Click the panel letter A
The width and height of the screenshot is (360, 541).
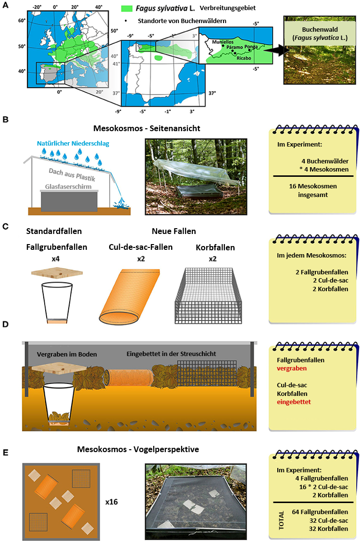[x=5, y=5]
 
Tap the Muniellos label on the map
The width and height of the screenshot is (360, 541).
[x=223, y=42]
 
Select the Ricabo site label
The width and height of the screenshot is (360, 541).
[x=244, y=58]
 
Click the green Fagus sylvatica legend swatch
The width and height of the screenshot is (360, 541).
[x=127, y=8]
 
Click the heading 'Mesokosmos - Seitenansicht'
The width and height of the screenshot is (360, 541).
[x=147, y=128]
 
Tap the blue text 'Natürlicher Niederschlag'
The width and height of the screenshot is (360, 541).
[x=73, y=144]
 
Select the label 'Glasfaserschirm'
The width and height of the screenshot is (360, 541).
[x=68, y=186]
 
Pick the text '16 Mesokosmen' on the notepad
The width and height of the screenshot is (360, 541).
[x=313, y=186]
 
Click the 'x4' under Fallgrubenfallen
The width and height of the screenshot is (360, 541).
[x=56, y=259]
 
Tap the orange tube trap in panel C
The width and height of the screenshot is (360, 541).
[x=130, y=296]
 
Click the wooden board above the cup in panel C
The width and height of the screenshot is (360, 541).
[x=57, y=273]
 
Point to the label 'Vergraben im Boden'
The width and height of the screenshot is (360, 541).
[x=67, y=355]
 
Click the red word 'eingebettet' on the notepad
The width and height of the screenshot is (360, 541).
[x=294, y=402]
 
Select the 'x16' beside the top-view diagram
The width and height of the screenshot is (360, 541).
[x=112, y=502]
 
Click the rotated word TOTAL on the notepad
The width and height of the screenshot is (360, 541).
[x=281, y=520]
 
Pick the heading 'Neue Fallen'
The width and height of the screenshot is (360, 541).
[x=174, y=231]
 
